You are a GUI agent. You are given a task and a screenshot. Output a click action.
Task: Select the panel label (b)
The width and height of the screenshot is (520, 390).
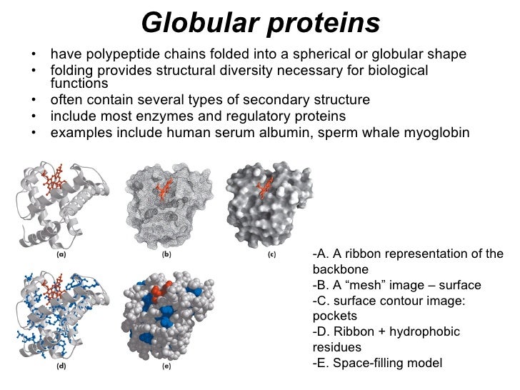point(165,254)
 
